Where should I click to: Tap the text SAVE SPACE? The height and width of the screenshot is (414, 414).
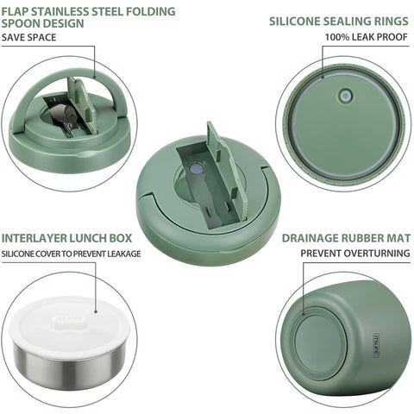(x=28, y=39)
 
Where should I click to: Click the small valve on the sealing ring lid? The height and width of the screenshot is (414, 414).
(x=348, y=97)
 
